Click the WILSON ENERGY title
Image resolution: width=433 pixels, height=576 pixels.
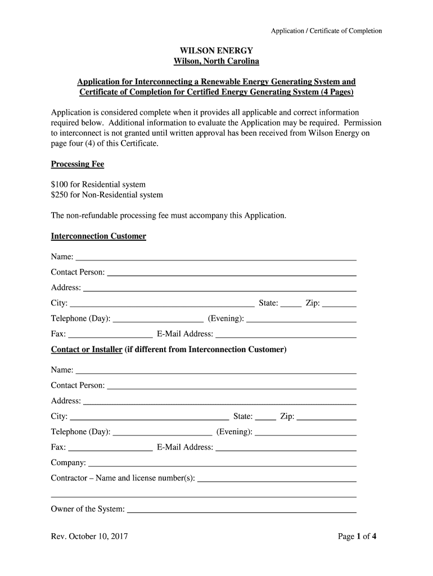[x=216, y=51]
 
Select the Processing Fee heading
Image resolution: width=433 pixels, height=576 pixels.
[x=78, y=164]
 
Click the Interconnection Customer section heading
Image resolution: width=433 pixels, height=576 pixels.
[x=98, y=236]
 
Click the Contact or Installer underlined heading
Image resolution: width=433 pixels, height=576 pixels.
[x=87, y=350]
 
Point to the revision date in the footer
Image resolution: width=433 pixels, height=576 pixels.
[x=89, y=537]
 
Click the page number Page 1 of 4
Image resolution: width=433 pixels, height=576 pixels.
[x=357, y=537]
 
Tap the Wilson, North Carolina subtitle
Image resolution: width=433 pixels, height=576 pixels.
[x=216, y=61]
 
